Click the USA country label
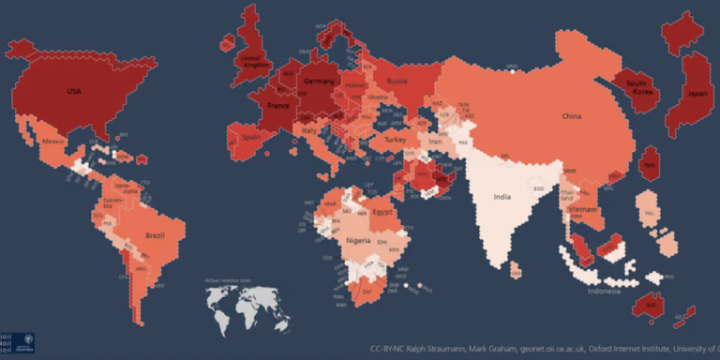73,92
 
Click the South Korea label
641,87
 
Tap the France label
279,107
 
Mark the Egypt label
382,212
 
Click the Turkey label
395,140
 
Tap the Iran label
435,142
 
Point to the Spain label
251,137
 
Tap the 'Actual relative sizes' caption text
231,279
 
